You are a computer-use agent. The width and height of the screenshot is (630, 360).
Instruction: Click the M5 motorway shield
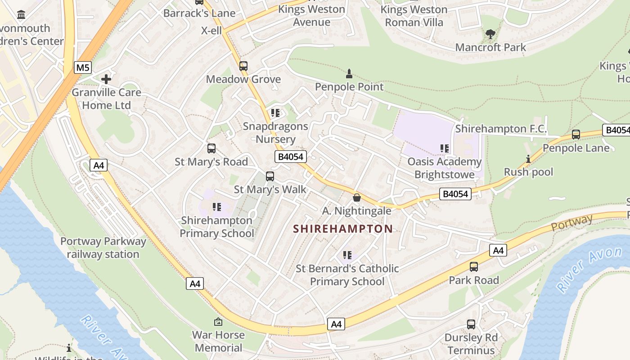tap(83, 68)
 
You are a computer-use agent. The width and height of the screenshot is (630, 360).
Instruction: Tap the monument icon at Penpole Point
tap(349, 73)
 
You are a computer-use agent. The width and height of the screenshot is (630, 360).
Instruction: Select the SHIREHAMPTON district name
tap(343, 229)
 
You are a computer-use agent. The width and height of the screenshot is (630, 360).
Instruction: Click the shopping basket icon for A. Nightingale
tap(357, 197)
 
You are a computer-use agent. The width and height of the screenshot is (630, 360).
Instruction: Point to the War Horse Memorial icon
tap(218, 322)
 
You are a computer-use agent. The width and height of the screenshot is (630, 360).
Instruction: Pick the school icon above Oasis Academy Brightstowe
tap(445, 148)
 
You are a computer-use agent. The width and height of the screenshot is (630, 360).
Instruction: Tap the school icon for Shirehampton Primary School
tap(217, 207)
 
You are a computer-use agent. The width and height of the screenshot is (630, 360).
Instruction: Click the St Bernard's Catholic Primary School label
tap(347, 275)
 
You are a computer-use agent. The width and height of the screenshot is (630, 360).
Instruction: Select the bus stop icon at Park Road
tap(474, 267)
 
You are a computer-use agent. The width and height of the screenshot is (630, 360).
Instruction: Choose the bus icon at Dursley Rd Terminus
tap(471, 324)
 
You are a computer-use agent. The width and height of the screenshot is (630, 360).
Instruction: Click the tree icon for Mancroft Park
tap(490, 34)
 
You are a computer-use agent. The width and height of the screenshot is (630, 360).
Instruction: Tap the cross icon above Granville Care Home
tap(106, 79)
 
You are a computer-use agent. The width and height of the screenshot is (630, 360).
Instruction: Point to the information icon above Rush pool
tap(528, 159)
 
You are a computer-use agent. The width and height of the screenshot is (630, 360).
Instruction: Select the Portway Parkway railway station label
tap(103, 247)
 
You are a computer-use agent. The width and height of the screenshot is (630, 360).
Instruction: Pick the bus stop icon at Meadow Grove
tap(243, 66)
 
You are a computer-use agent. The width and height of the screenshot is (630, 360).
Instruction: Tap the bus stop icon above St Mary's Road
tap(211, 148)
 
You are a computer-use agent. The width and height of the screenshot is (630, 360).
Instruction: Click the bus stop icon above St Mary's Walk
tap(270, 176)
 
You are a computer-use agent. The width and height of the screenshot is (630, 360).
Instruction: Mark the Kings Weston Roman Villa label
tap(414, 16)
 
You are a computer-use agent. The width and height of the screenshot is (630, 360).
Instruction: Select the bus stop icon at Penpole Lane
tap(576, 134)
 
